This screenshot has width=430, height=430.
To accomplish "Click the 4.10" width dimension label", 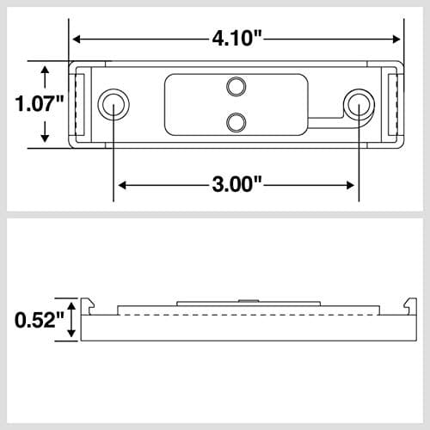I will (x=236, y=38).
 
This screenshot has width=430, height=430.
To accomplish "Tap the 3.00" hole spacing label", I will (x=236, y=184).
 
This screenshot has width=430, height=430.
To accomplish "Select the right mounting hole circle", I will (x=358, y=104).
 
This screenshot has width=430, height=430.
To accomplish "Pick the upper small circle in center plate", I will (x=236, y=86).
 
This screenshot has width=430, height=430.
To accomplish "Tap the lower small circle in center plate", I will (x=236, y=122).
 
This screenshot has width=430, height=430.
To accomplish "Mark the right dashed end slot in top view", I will (x=394, y=105).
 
